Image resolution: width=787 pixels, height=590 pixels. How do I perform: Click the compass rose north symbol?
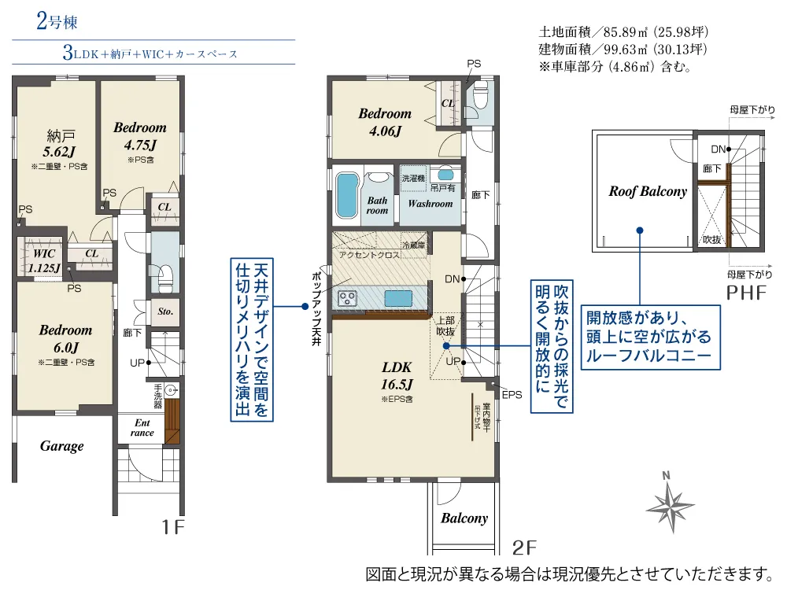(x=670, y=503)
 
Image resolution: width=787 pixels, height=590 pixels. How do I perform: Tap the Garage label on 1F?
(x=61, y=447)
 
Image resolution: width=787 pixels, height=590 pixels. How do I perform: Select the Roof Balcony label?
(x=648, y=191)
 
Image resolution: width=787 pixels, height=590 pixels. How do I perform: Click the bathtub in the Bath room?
(x=347, y=196)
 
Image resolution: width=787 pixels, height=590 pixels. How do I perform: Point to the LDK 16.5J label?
(x=397, y=376)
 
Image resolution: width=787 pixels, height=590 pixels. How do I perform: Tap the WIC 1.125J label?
(x=44, y=261)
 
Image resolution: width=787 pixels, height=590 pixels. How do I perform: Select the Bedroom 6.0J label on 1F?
(x=66, y=338)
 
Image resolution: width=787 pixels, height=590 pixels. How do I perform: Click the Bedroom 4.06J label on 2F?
(x=385, y=122)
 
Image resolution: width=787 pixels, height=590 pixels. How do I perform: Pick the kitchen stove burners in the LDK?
(x=347, y=298)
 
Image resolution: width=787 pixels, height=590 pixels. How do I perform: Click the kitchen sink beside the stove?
(x=398, y=298)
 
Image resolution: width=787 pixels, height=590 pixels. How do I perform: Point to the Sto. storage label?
(x=165, y=312)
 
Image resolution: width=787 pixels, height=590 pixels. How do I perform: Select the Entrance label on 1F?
(x=142, y=427)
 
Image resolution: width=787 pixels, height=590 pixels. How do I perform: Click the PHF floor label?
(x=746, y=293)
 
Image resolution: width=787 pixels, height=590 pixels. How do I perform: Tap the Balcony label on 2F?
(x=464, y=518)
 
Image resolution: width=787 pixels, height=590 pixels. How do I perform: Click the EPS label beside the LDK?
(x=512, y=395)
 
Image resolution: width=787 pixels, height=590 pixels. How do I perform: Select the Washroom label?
(x=430, y=204)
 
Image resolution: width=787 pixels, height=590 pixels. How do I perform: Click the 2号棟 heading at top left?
(x=57, y=21)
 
